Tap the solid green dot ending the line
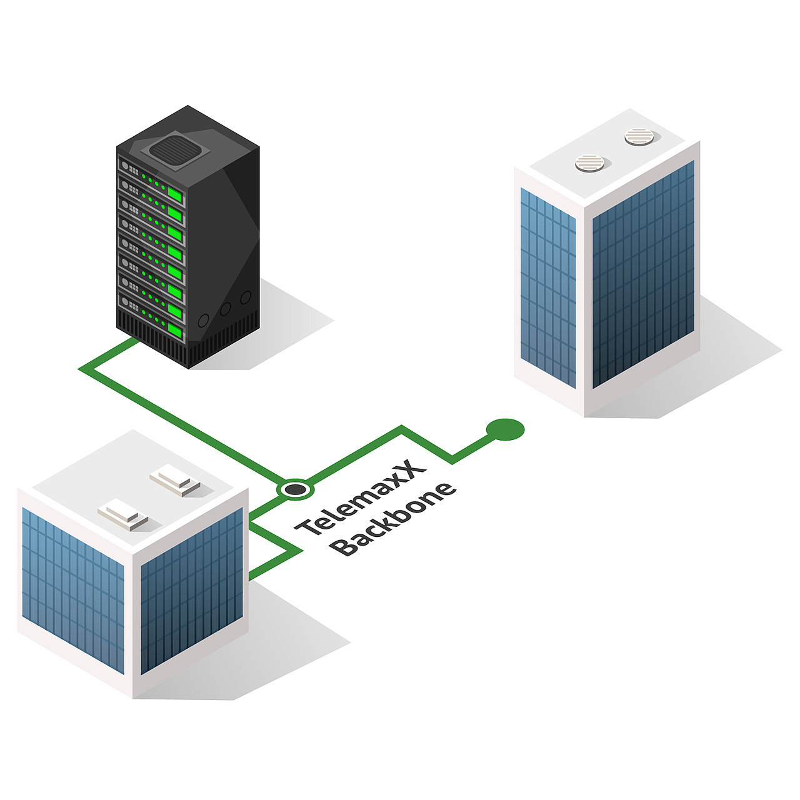[505, 429]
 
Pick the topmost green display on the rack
[174, 196]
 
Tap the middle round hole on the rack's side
[225, 308]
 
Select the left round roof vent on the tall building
[589, 163]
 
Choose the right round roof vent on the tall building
[639, 136]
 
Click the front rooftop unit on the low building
[122, 515]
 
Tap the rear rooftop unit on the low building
[174, 481]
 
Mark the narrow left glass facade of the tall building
[547, 287]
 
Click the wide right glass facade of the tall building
[642, 275]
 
